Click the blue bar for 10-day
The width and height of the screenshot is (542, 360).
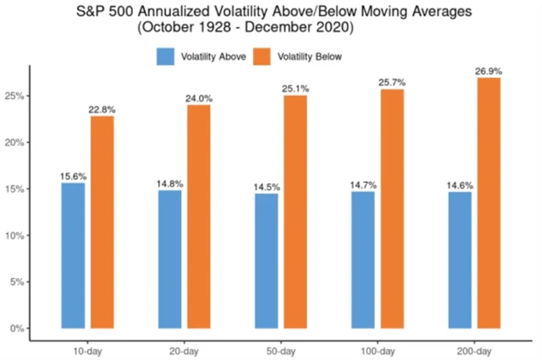(73, 255)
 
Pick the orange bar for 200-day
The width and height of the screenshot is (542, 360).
(489, 202)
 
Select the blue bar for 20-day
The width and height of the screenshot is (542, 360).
(169, 258)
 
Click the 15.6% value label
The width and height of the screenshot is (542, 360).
(73, 176)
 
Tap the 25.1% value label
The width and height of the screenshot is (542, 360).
(296, 87)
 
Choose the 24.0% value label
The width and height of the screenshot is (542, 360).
(199, 97)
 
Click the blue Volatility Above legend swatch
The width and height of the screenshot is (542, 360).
(164, 57)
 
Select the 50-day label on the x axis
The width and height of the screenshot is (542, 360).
(280, 350)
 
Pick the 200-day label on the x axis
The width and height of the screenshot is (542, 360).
(474, 350)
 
